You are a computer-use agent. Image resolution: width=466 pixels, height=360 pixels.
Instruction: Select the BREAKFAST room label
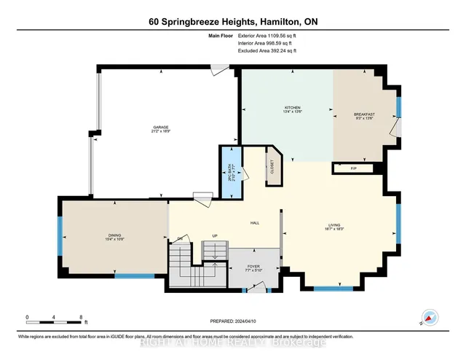click(364, 114)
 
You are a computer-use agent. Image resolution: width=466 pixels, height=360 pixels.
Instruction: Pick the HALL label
click(255, 223)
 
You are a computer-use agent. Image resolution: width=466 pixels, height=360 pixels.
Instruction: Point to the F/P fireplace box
click(354, 168)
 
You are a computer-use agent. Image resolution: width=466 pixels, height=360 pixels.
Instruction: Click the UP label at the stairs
click(214, 236)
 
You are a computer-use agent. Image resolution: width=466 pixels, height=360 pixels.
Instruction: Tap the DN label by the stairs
click(181, 238)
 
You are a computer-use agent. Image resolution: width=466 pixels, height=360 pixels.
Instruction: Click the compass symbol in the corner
click(430, 316)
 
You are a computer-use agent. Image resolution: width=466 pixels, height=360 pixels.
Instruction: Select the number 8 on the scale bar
click(81, 316)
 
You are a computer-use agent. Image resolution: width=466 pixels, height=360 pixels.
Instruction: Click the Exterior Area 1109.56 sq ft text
click(267, 34)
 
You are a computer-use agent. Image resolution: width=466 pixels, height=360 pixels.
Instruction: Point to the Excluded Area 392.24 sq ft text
click(267, 50)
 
